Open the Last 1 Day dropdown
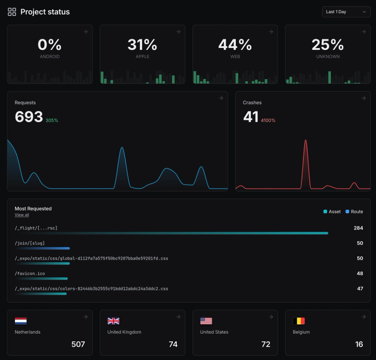coord(346,12)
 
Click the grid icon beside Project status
coord(12,12)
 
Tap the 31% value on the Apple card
coord(142,45)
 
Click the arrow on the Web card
coord(271,31)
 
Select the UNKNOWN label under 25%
coord(328,56)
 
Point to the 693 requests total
coord(29,117)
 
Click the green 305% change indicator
coord(52,121)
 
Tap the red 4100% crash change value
coord(268,121)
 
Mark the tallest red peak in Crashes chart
coord(306,141)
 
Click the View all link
coord(22,215)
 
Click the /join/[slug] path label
coord(30,243)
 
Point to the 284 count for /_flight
coord(358,228)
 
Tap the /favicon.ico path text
coord(30,273)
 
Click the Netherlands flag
coord(21,321)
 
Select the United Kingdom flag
coord(113,321)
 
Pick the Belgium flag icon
coord(299,321)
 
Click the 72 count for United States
coord(266,344)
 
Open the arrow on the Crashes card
coord(363,98)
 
